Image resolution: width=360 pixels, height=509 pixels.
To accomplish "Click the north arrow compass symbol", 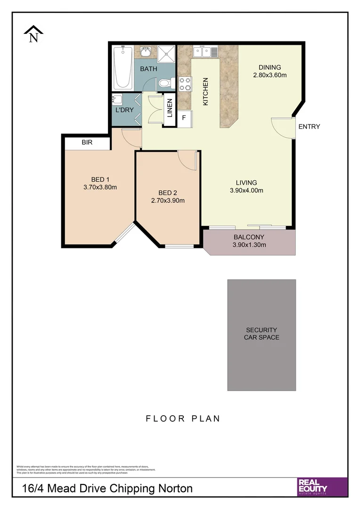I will [x=33, y=34].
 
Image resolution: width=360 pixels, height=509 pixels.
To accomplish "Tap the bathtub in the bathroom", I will [x=123, y=68].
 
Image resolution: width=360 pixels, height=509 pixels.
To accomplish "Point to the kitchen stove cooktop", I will [x=185, y=83].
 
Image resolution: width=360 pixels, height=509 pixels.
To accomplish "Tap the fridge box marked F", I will [x=184, y=118].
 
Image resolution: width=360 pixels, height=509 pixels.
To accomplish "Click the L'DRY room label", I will [x=124, y=110].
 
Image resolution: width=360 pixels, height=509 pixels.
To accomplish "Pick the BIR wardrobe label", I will [x=87, y=142].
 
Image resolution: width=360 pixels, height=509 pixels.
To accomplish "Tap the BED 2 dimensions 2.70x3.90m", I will [x=168, y=200].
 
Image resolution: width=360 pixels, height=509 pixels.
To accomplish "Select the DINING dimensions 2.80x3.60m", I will [x=270, y=75].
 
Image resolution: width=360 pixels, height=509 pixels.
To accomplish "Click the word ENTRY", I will [x=309, y=126].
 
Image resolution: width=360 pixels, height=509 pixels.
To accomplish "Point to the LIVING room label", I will [x=246, y=182].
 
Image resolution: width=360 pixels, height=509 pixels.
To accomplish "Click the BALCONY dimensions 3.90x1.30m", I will [x=249, y=245].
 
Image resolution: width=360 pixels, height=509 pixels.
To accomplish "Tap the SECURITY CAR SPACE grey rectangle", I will [x=262, y=335].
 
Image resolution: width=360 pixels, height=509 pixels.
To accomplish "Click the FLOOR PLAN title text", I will [x=183, y=418].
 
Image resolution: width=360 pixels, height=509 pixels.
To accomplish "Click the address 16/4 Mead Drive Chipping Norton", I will [x=107, y=488].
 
